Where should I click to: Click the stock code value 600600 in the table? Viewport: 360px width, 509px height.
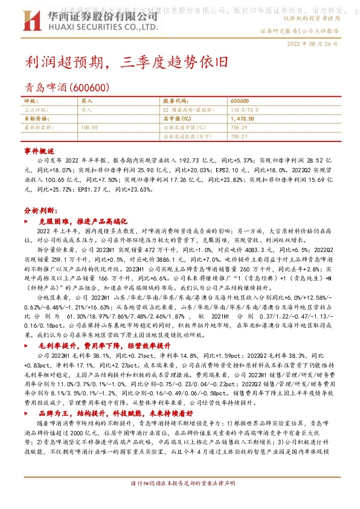(240, 101)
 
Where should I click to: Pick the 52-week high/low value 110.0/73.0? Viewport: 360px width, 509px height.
(244, 110)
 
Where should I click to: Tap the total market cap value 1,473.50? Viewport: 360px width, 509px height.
(243, 119)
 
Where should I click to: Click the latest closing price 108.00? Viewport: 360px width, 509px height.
(89, 128)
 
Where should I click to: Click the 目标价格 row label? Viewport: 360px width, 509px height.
(36, 119)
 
